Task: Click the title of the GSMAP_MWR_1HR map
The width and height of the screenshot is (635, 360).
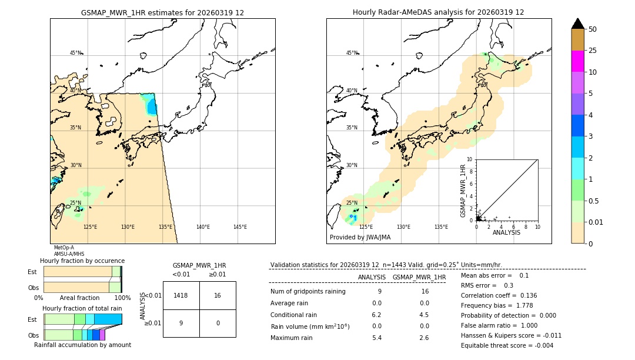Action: click(162, 12)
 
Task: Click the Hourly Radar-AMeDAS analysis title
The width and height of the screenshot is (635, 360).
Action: click(438, 12)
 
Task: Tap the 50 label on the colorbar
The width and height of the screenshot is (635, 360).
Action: click(593, 29)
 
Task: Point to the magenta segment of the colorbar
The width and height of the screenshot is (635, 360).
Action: click(577, 61)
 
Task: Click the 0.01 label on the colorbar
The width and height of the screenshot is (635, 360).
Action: click(596, 222)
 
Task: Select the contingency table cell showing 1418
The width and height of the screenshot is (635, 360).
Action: click(181, 295)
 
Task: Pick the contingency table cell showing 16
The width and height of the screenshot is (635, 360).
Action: click(218, 295)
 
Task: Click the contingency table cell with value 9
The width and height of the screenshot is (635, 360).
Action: click(181, 323)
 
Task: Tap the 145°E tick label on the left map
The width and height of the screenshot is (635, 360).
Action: click(240, 227)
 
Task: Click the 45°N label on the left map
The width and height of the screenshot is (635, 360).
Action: click(76, 53)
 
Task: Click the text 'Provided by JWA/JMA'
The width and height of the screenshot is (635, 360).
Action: click(360, 238)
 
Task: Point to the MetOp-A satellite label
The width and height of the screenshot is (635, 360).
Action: click(64, 248)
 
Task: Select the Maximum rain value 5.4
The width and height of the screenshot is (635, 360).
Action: click(376, 338)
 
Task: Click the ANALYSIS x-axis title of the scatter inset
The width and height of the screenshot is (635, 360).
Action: click(506, 232)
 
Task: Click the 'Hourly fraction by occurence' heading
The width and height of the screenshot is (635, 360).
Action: click(82, 261)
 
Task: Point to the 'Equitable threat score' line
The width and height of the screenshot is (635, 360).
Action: click(507, 345)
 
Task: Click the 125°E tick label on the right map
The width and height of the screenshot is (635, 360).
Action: click(366, 227)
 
